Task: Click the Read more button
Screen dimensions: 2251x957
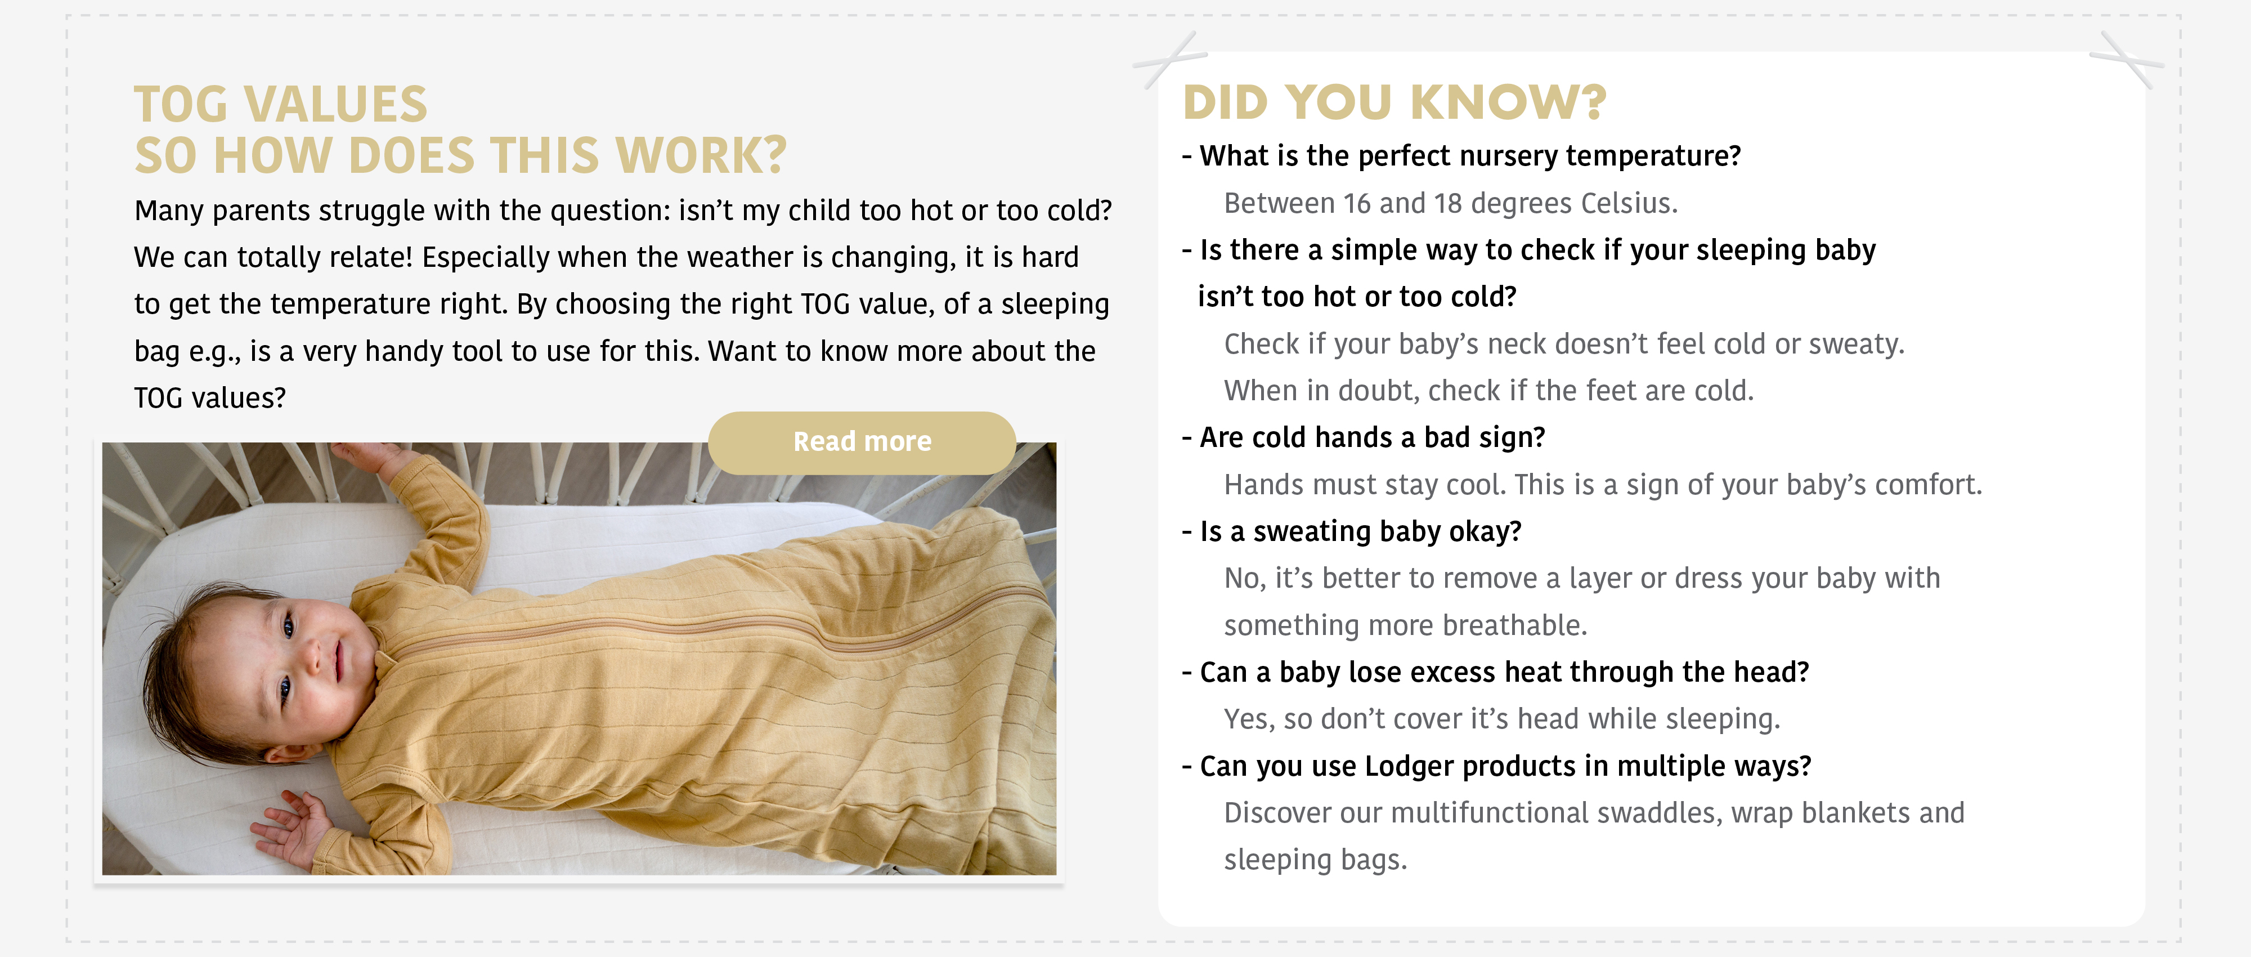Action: click(x=862, y=442)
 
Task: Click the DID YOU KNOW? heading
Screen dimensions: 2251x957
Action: click(x=1394, y=102)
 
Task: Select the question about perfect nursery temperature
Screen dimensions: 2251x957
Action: click(x=1461, y=155)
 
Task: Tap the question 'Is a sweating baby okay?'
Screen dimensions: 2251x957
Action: click(x=1351, y=531)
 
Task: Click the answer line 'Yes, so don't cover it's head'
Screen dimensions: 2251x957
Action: click(x=1501, y=719)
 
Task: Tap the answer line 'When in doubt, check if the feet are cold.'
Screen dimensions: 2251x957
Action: click(x=1488, y=391)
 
